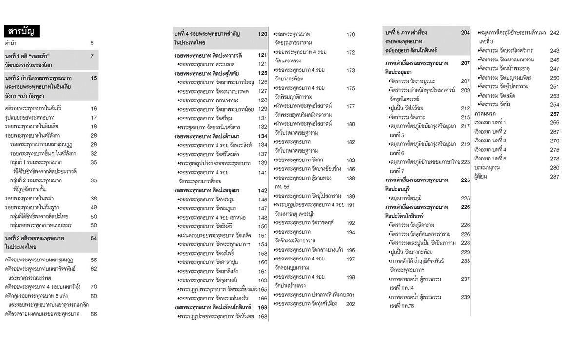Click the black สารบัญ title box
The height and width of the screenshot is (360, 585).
click(x=21, y=32)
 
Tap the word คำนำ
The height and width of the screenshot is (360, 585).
click(x=11, y=43)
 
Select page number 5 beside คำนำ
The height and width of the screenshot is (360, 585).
click(x=92, y=43)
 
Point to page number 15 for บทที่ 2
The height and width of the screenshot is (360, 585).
click(x=94, y=78)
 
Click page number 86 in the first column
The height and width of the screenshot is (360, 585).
click(x=93, y=314)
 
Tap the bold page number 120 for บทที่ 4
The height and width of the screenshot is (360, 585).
click(x=263, y=34)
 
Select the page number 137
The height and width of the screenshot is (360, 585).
click(x=263, y=154)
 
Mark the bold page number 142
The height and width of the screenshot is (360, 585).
click(x=263, y=190)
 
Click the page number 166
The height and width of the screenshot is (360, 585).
click(x=263, y=298)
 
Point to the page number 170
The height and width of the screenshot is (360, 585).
click(x=351, y=34)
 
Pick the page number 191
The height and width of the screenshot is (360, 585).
click(x=351, y=205)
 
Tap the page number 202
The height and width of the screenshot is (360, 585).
click(x=351, y=304)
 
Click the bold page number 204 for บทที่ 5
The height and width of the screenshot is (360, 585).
click(x=465, y=32)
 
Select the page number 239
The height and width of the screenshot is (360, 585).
click(x=465, y=297)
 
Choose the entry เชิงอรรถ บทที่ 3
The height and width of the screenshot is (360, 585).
click(x=490, y=140)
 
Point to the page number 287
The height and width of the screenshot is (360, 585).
click(x=554, y=176)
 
